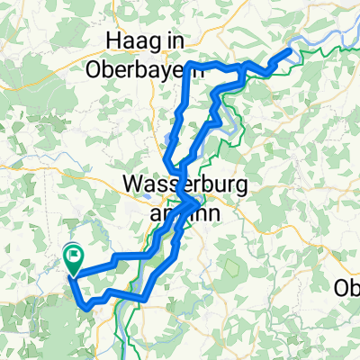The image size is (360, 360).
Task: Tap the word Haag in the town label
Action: [131, 42]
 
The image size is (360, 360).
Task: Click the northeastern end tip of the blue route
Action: [291, 50]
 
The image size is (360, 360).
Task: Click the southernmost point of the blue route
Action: [86, 308]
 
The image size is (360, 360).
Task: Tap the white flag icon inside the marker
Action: [74, 256]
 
